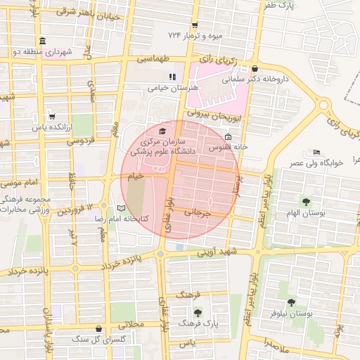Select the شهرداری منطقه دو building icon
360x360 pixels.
43,41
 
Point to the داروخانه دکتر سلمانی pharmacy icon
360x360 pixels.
255,69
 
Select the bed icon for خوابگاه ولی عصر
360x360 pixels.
316,152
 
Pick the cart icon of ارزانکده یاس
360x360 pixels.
51,117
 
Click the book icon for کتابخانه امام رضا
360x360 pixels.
121,209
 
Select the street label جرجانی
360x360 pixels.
198,211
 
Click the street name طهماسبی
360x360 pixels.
154,61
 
